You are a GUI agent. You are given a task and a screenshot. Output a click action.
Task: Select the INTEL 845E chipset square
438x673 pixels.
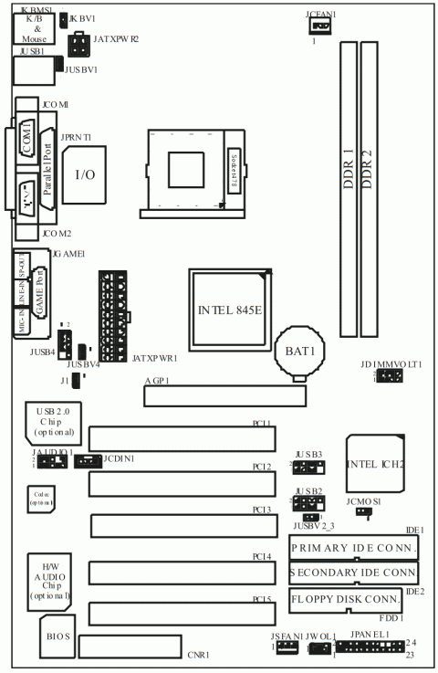(230, 309)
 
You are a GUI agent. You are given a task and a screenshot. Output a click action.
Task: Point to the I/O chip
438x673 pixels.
(85, 174)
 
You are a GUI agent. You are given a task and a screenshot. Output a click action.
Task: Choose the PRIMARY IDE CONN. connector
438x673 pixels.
(353, 547)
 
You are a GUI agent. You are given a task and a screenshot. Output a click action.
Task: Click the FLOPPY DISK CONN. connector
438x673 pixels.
(346, 600)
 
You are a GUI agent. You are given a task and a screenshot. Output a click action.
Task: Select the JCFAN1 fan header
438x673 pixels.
(318, 27)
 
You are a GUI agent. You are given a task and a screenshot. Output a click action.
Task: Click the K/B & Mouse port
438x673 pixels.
(33, 29)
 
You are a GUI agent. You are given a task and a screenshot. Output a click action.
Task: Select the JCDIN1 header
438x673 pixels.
(86, 461)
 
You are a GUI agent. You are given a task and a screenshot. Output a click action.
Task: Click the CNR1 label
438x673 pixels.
(198, 655)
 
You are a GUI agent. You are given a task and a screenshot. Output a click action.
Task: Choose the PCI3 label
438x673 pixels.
(262, 509)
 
